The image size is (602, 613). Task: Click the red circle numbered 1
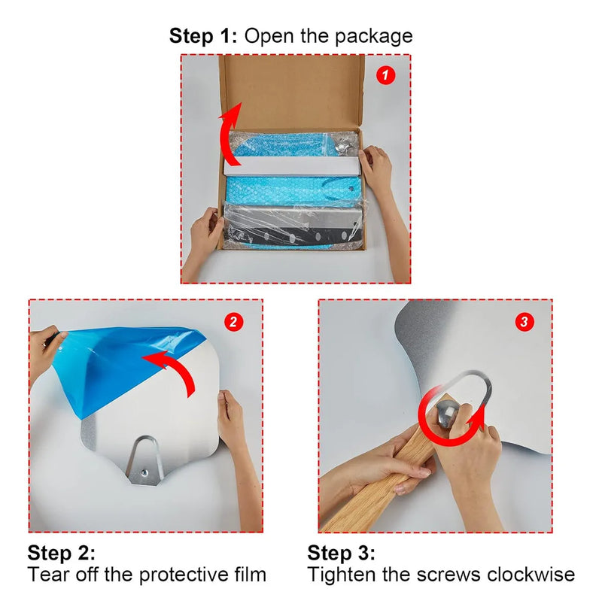tap(385, 74)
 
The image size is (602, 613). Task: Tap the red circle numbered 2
tap(233, 322)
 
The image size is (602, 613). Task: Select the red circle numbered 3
tap(524, 322)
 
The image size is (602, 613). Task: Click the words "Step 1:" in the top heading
tap(203, 36)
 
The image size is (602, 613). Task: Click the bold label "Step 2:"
tap(62, 553)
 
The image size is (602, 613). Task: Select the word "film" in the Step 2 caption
tap(251, 575)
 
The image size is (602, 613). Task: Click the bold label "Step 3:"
tap(341, 553)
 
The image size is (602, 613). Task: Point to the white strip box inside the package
tap(292, 166)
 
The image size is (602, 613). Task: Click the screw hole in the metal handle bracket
tap(144, 473)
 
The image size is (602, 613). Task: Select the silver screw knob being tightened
tap(447, 411)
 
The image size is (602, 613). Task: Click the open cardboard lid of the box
tap(292, 92)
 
